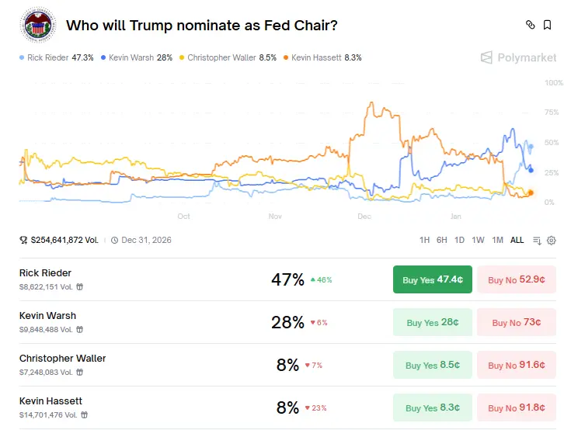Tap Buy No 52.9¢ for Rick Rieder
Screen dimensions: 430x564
[x=516, y=280]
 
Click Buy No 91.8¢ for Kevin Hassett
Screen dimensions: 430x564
[x=516, y=408]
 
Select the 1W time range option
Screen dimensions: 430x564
[x=478, y=241]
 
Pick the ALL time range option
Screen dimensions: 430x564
[x=517, y=241]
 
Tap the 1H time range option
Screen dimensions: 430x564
[x=424, y=241]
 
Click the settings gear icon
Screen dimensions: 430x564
[x=552, y=241]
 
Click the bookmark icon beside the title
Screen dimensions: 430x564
[x=548, y=25]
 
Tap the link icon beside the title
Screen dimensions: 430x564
[x=531, y=25]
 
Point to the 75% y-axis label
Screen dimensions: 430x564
[x=552, y=113]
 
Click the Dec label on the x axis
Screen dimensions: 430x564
[x=364, y=217]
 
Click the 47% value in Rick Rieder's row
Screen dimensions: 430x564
[x=287, y=280]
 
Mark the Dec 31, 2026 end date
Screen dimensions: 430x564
[x=148, y=241]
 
